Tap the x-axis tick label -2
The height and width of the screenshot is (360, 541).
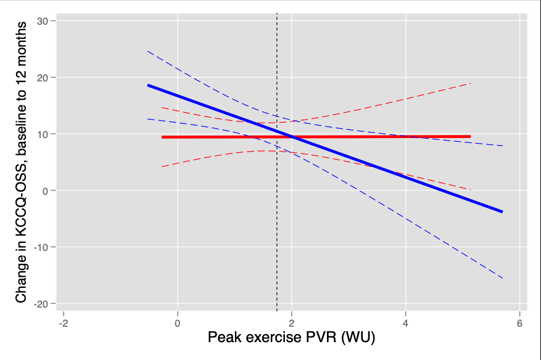click(x=63, y=324)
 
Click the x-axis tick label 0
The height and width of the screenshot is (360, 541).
click(x=178, y=324)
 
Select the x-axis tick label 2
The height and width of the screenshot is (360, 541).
click(x=292, y=324)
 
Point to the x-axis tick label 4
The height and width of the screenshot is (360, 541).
click(x=406, y=324)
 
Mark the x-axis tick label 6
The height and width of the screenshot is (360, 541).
click(x=520, y=324)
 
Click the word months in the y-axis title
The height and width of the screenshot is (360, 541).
click(x=22, y=44)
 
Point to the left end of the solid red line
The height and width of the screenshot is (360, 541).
click(x=162, y=137)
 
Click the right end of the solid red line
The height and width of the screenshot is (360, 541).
click(x=470, y=136)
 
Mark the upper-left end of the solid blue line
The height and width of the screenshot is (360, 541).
click(x=148, y=85)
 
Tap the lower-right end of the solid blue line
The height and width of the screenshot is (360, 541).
click(x=502, y=211)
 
